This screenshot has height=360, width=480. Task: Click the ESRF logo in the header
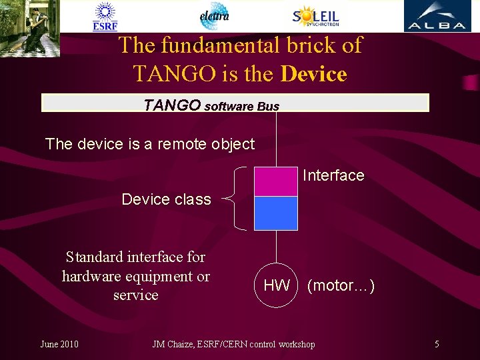coord(105,17)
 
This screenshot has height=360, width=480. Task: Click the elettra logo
coord(214,16)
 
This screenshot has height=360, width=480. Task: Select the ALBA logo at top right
coord(436,16)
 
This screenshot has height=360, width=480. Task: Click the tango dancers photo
coord(30,28)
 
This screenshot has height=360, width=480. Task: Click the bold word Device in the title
coord(313,73)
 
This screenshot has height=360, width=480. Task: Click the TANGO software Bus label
coord(211,105)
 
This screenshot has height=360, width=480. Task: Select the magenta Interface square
coord(275,181)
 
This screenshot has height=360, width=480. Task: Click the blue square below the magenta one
coord(275,213)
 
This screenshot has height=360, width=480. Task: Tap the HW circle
coord(275,286)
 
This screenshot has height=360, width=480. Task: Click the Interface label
coord(333,175)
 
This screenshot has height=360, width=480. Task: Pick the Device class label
coord(166,199)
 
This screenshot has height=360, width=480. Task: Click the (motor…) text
coord(341,286)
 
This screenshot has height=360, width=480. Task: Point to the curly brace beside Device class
coord(237,198)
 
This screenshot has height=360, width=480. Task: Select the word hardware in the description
coord(93,276)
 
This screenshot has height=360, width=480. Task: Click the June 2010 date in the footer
coord(59,344)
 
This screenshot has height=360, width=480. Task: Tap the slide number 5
coord(437,344)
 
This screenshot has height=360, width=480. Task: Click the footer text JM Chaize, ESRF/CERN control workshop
coord(233,344)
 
